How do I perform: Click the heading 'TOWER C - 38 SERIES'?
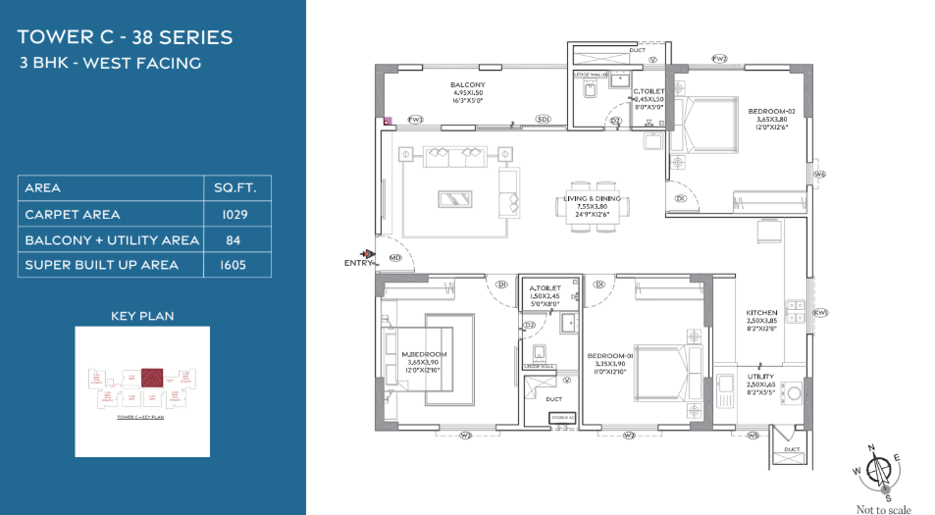click(126, 38)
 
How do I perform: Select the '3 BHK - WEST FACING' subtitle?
click(110, 64)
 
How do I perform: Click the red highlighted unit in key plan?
click(151, 379)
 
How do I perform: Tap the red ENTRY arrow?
click(368, 254)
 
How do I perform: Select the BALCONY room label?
click(467, 84)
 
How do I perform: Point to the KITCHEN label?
click(761, 313)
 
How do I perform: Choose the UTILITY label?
click(760, 376)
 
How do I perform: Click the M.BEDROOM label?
click(424, 353)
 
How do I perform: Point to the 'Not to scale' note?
click(883, 509)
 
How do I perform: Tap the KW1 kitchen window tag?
click(820, 313)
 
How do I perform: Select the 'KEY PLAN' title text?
click(142, 316)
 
